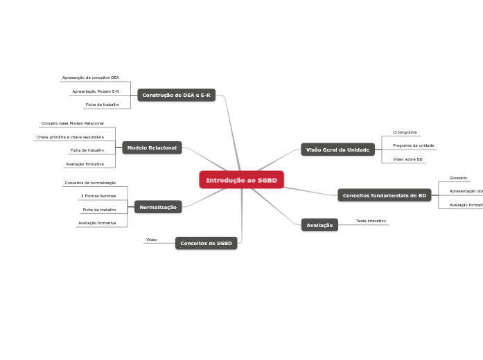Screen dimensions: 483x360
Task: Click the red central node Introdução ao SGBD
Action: pyautogui.click(x=241, y=180)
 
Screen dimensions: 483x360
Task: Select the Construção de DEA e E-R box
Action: pyautogui.click(x=176, y=95)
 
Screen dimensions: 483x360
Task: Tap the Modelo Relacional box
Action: pyautogui.click(x=152, y=147)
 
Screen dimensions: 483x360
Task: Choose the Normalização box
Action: pyautogui.click(x=158, y=207)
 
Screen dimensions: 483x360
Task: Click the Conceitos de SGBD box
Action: pyautogui.click(x=206, y=243)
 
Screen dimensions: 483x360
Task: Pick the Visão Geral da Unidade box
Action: pyautogui.click(x=337, y=150)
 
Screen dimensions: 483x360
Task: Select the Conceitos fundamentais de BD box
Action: pyautogui.click(x=384, y=195)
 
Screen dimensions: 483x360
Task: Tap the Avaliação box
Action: pyautogui.click(x=319, y=225)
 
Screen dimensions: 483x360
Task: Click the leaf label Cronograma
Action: pyautogui.click(x=405, y=132)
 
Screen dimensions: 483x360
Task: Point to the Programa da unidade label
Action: pyautogui.click(x=413, y=145)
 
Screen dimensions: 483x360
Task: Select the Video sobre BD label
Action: pyautogui.click(x=407, y=159)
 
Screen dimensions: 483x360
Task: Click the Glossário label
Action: pyautogui.click(x=458, y=178)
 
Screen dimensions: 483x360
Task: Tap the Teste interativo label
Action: pyautogui.click(x=371, y=221)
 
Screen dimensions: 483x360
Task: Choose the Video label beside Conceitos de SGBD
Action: pyautogui.click(x=151, y=240)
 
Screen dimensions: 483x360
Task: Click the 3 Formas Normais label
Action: pyautogui.click(x=98, y=196)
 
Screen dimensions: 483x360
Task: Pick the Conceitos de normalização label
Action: pyautogui.click(x=90, y=183)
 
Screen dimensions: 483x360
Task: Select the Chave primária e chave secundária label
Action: pyautogui.click(x=70, y=137)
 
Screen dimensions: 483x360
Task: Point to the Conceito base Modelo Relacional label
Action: pyautogui.click(x=73, y=123)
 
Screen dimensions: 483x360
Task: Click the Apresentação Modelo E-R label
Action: pyautogui.click(x=96, y=91)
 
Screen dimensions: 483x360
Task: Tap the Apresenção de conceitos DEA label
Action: pyautogui.click(x=91, y=78)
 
